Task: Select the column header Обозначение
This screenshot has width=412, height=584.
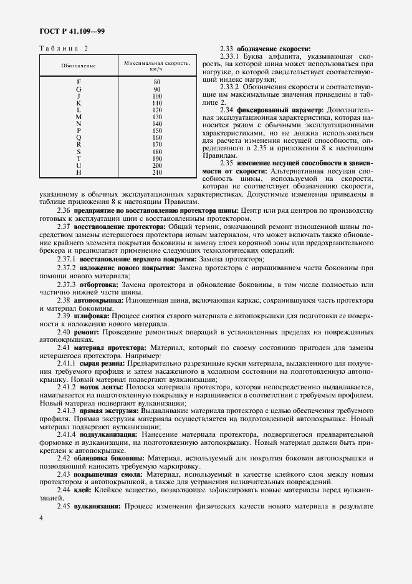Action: [79, 66]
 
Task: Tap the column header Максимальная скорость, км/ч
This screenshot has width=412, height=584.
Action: [157, 66]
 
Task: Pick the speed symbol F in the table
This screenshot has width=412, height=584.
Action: [79, 82]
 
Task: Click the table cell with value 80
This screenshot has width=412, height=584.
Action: [157, 82]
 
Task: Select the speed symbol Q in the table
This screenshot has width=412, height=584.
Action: [79, 137]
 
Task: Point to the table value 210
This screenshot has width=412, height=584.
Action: [157, 172]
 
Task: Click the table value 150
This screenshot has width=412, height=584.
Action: [157, 130]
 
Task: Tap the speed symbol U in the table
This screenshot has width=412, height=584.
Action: [79, 165]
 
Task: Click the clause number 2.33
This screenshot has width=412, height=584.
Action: [227, 49]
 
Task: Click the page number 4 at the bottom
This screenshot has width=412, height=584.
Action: [41, 518]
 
